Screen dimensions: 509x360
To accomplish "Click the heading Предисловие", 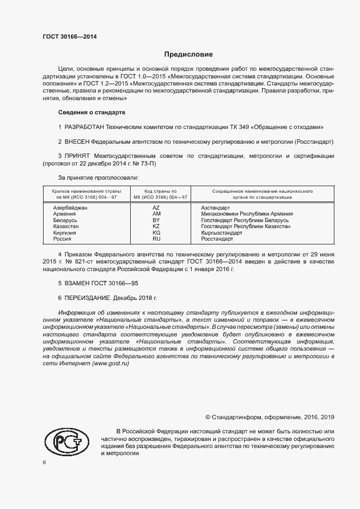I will point(188,54).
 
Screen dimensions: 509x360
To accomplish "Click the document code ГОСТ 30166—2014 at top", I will point(70,36).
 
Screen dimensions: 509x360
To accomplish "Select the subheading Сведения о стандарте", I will point(91,112).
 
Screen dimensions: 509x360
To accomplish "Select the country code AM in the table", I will point(156,214).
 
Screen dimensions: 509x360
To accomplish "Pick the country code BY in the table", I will point(156,220).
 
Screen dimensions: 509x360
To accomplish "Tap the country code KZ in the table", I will point(156,226).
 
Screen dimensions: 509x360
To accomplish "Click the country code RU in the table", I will point(156,238).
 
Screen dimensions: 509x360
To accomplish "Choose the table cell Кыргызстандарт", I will point(222,232).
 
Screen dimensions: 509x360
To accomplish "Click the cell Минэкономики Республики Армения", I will point(247,214).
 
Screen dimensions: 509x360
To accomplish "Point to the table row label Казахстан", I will point(66,226).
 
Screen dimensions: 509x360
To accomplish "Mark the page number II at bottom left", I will point(44,462).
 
